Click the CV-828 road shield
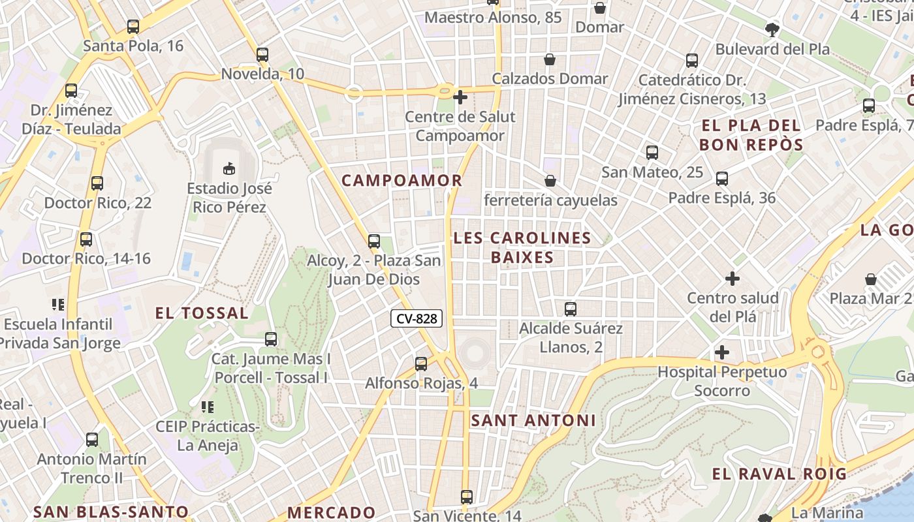tap(417, 318)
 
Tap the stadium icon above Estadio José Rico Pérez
tap(228, 169)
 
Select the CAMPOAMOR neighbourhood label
tap(402, 181)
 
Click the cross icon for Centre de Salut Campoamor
tap(460, 97)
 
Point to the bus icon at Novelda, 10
tap(262, 55)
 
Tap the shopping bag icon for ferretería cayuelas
tap(550, 181)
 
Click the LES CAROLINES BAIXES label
tap(522, 247)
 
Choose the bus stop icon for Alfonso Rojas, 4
tap(421, 364)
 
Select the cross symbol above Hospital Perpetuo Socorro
tap(722, 353)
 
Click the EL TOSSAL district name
tap(202, 313)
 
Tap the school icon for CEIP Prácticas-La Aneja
tap(208, 408)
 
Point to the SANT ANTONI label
tap(533, 421)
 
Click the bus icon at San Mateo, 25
tap(652, 153)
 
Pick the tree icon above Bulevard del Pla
tap(772, 29)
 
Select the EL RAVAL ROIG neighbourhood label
tap(779, 474)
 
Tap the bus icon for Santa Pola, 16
tap(133, 27)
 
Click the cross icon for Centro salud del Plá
tap(733, 279)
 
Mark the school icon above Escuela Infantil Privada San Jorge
tap(58, 305)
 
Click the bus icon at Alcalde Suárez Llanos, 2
tap(571, 309)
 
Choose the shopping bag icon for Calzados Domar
tap(550, 59)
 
